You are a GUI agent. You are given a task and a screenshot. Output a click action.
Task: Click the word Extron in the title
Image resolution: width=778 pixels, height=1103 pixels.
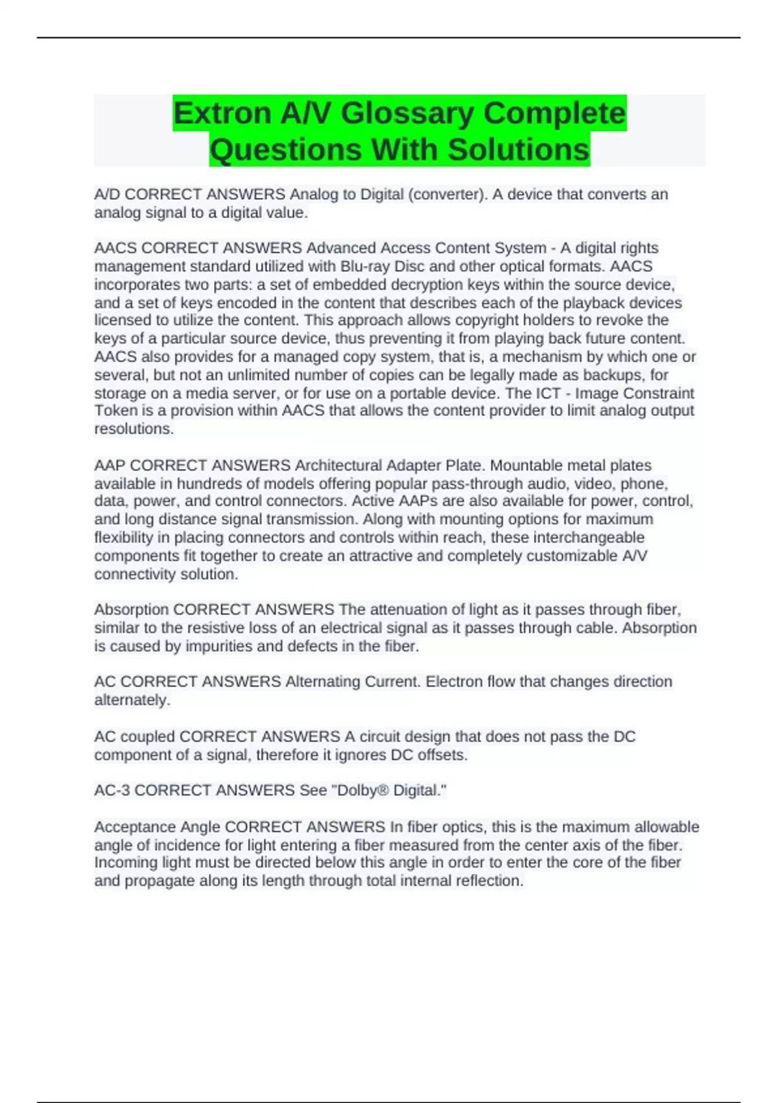tap(222, 114)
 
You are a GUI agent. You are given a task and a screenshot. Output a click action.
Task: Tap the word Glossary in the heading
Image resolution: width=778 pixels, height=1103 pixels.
tap(407, 114)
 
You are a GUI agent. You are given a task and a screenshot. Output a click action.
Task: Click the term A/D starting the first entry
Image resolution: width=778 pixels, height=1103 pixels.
tap(107, 195)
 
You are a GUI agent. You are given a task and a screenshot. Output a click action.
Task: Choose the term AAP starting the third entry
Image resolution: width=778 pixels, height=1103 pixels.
tap(110, 466)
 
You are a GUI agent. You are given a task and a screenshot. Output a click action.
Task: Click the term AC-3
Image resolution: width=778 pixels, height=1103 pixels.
tap(112, 791)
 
